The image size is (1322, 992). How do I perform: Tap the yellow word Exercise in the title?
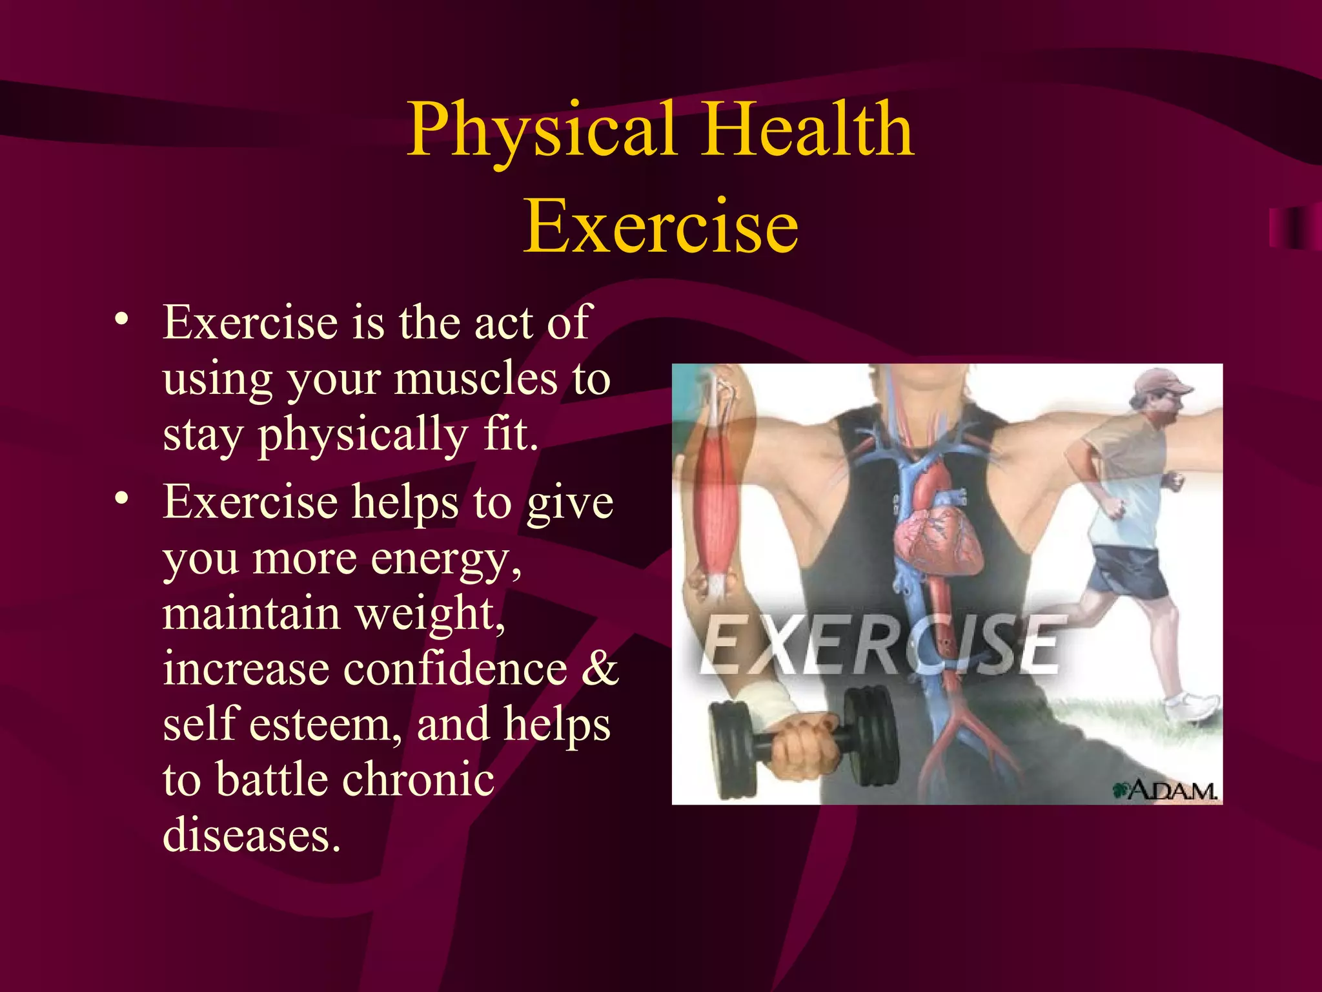(660, 226)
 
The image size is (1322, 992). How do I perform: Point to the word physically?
(363, 435)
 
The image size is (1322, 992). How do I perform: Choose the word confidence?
(455, 669)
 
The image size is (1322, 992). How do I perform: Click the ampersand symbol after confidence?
(599, 669)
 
